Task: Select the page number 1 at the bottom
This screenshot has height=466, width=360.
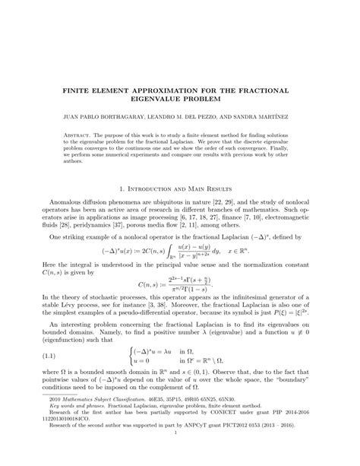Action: tap(179, 455)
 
